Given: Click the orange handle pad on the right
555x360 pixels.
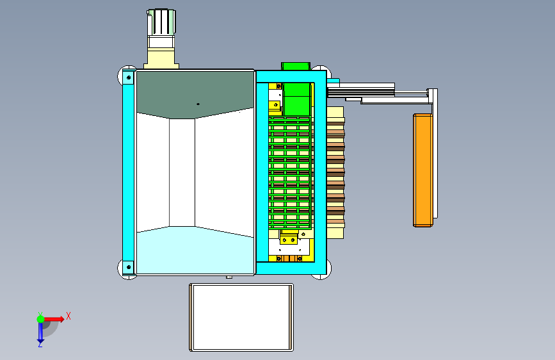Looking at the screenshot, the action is [423, 170].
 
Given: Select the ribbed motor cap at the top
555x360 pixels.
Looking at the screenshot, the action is [161, 22].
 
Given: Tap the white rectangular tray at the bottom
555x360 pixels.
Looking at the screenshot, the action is [241, 317].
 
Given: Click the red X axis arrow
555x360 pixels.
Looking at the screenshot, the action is [54, 319].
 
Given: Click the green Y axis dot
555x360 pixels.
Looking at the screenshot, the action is [40, 319].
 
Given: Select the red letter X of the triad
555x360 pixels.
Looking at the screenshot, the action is [68, 316].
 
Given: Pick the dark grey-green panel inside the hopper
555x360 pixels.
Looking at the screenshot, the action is [195, 94].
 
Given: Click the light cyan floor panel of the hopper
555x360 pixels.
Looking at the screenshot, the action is [195, 251].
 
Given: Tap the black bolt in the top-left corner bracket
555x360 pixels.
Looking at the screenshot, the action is [129, 78].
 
